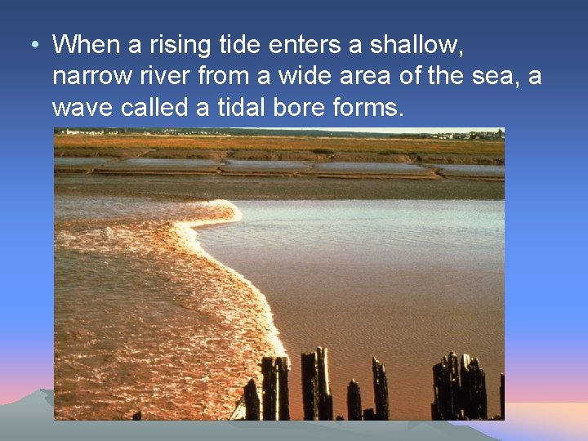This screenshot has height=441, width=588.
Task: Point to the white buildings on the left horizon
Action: click(86, 131)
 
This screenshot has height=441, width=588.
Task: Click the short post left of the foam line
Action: click(252, 400)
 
